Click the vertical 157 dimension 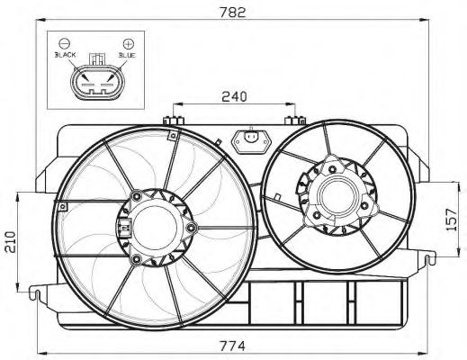[456, 219]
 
